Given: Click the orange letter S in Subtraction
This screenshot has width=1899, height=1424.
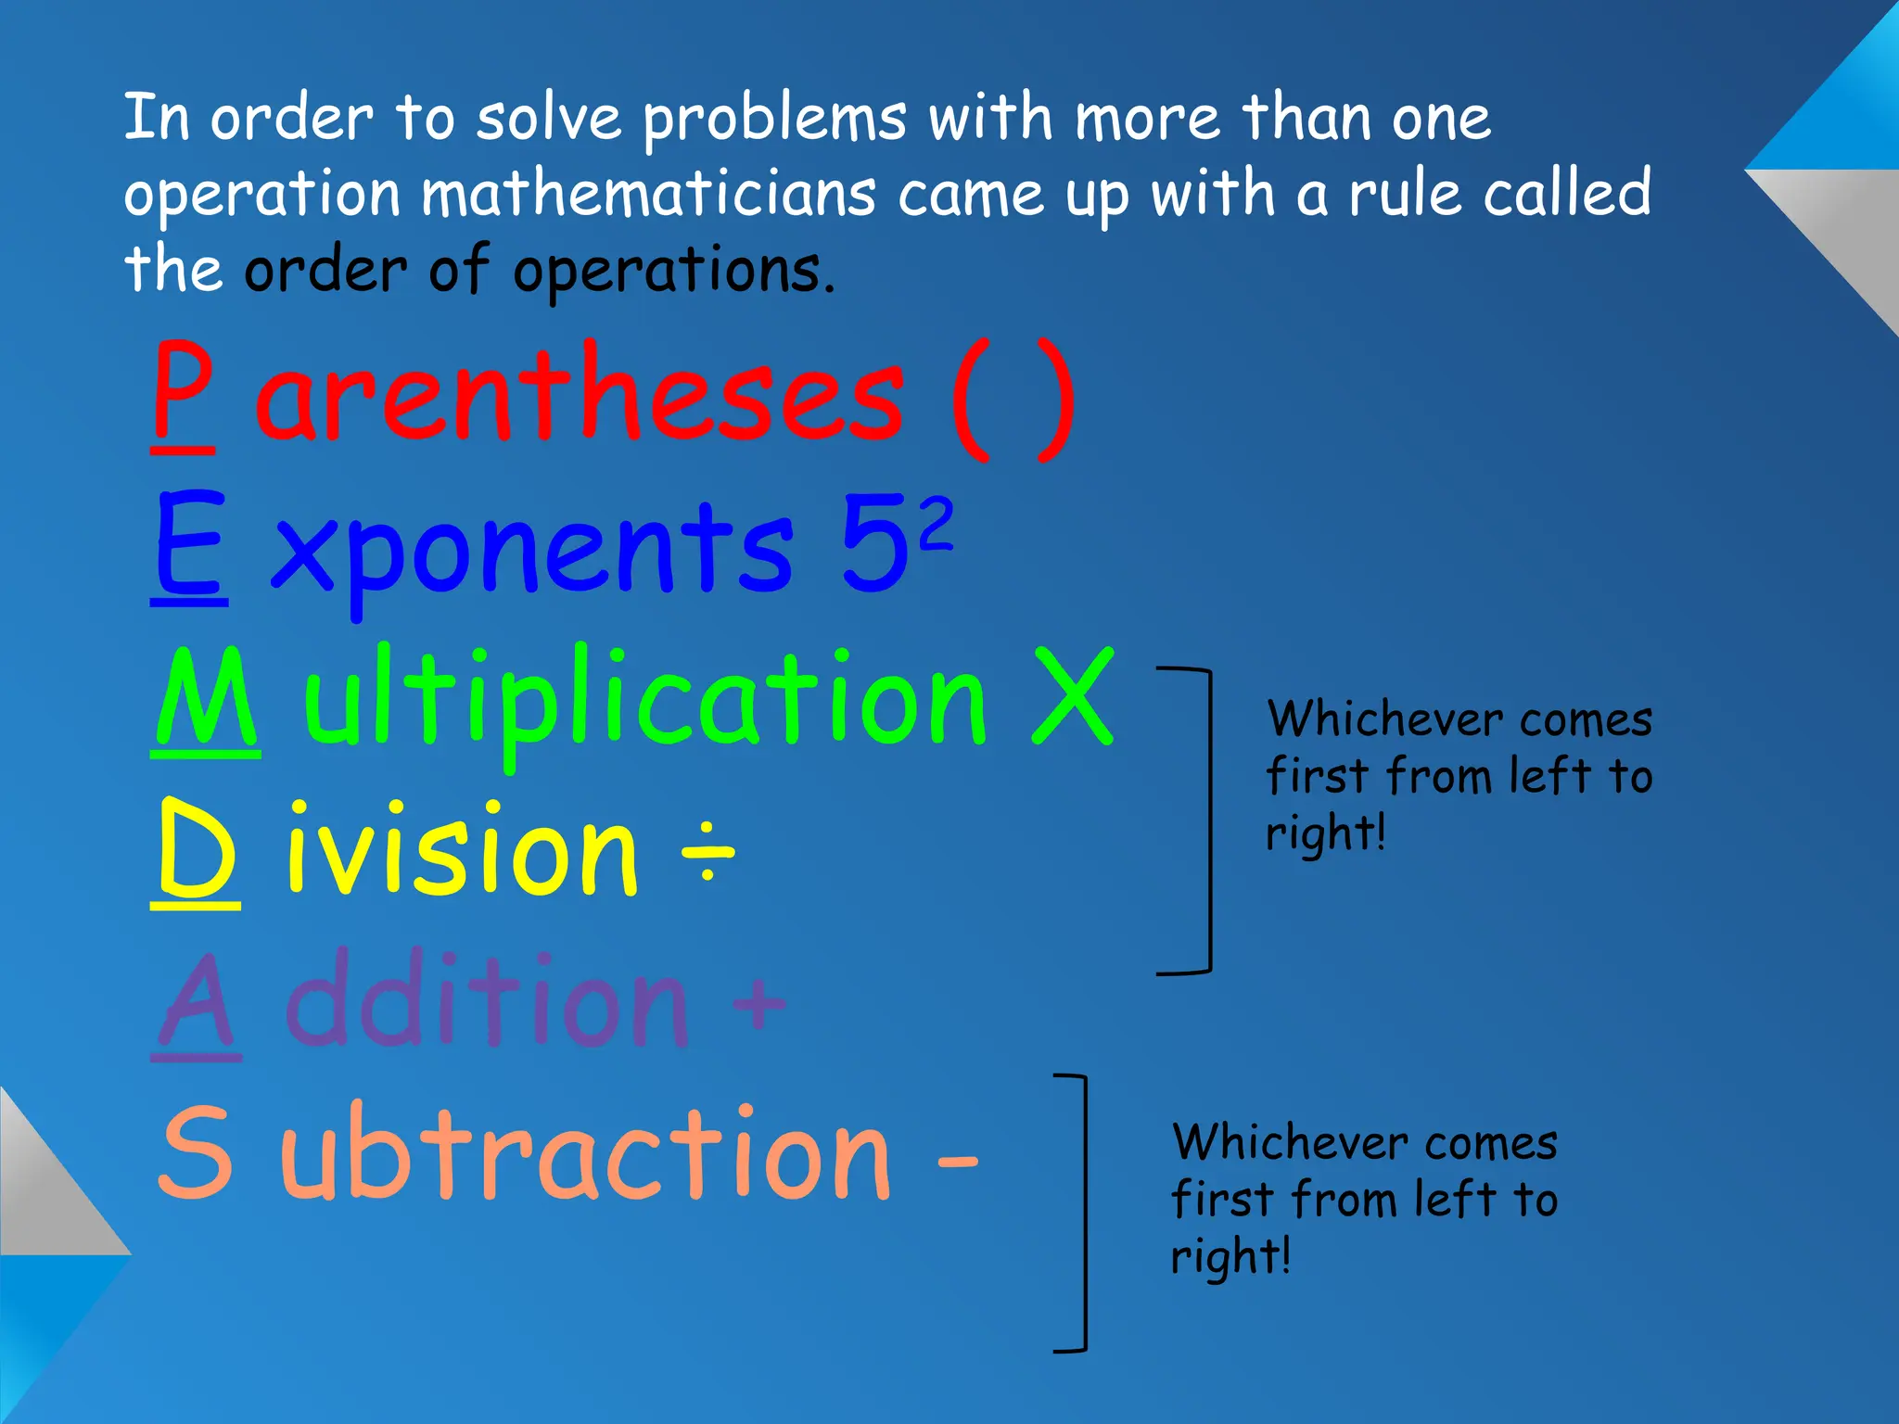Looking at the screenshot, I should (x=195, y=1154).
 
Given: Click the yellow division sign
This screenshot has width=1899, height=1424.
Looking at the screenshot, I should (x=707, y=850).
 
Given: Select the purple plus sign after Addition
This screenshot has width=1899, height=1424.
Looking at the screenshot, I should (x=758, y=1003).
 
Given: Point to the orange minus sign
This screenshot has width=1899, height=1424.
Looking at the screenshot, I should (x=957, y=1161).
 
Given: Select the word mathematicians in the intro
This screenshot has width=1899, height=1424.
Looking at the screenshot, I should (x=648, y=195).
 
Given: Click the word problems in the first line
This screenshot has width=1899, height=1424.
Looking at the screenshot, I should (x=774, y=121).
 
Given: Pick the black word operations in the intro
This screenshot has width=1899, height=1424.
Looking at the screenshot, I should (x=673, y=271).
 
